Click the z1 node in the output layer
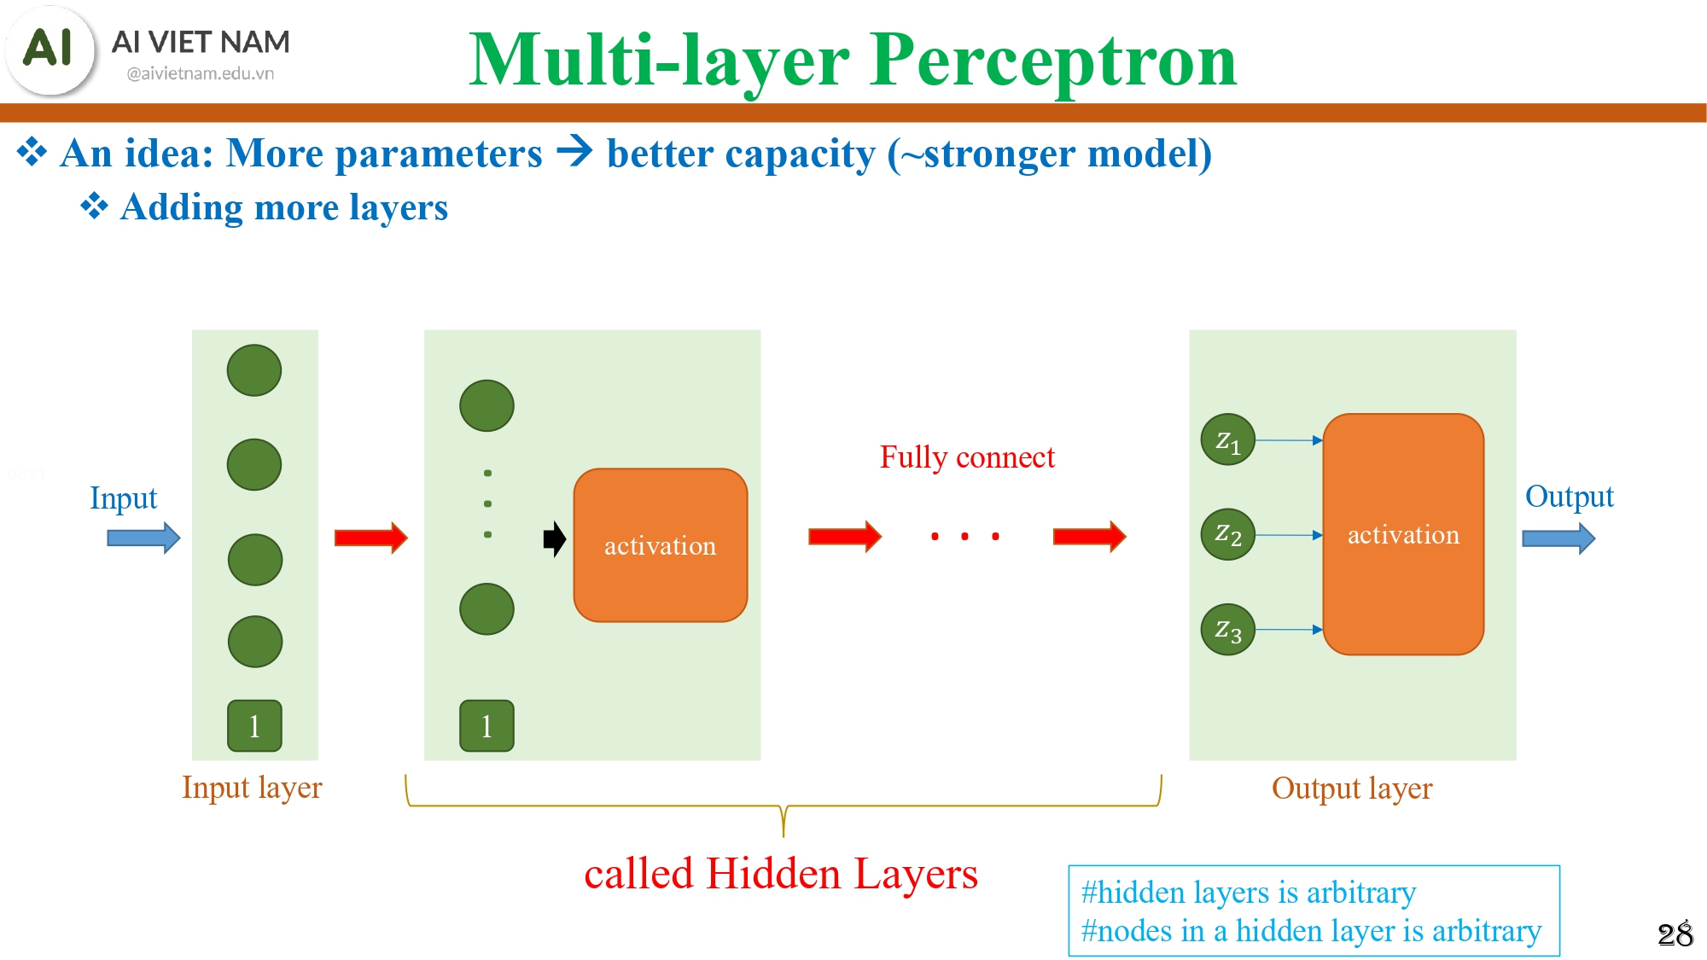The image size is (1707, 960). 1227,440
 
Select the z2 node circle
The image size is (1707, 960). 1227,535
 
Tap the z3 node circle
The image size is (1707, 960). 1227,630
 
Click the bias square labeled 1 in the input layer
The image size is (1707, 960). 254,725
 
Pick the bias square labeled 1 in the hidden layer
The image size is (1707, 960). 486,725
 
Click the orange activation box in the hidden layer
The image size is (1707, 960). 660,545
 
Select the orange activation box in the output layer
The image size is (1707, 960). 1403,535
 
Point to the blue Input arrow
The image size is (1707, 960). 143,538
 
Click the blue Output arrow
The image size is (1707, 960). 1558,538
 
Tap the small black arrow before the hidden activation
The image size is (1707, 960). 555,538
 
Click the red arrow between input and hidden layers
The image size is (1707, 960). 370,538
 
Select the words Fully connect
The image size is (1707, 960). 967,457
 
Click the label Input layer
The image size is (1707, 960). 252,787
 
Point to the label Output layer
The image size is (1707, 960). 1352,788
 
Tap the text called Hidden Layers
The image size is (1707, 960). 780,874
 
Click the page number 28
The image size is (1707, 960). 1675,934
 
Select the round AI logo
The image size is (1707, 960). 50,49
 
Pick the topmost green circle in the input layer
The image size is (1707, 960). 254,370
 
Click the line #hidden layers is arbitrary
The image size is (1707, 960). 1248,893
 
